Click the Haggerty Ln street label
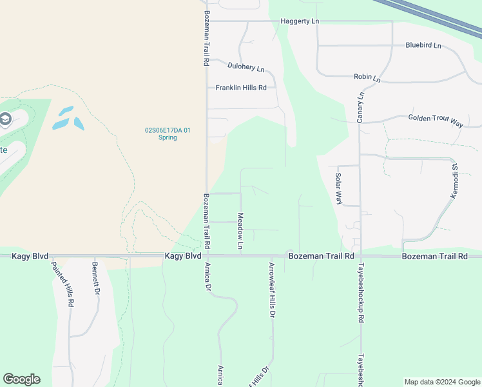300,21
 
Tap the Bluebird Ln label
423,46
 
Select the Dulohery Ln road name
246,66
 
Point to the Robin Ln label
367,78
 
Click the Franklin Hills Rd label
241,88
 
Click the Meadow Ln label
240,232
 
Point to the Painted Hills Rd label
63,284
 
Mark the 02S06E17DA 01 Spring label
168,134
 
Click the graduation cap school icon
5,120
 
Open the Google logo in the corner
21,379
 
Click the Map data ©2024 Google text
442,382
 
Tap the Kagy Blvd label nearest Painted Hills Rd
30,256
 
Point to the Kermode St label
454,181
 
